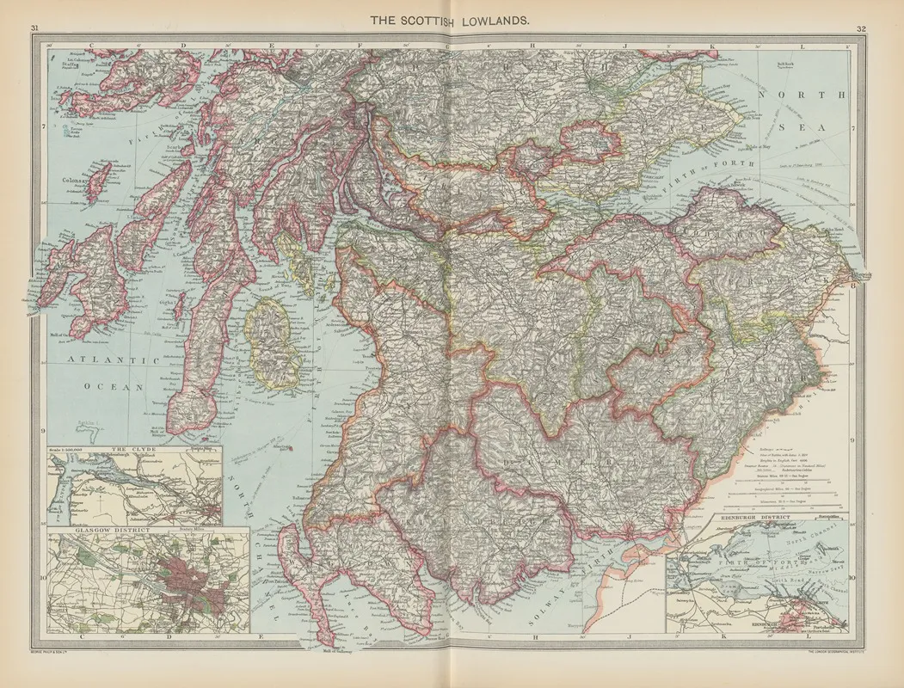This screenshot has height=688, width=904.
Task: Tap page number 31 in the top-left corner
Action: click(35, 29)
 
